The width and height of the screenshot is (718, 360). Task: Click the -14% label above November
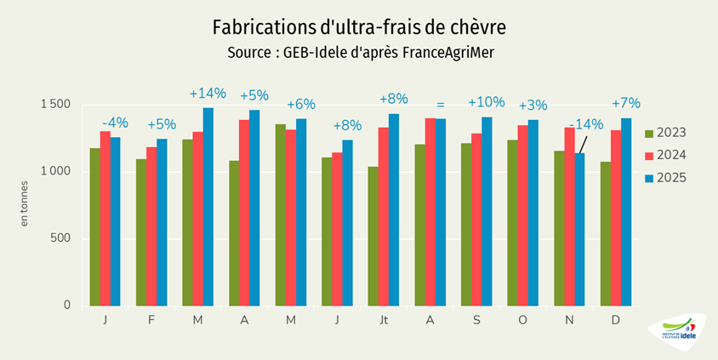(586, 124)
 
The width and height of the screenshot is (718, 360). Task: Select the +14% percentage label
(208, 93)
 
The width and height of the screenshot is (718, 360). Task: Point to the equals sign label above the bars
(441, 105)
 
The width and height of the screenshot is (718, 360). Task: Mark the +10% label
(487, 102)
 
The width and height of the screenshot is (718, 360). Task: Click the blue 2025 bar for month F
(162, 222)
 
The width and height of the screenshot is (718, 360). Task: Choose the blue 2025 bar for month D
(626, 212)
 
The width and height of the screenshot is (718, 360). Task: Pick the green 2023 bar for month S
(466, 224)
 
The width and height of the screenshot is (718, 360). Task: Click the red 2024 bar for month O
(522, 215)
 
